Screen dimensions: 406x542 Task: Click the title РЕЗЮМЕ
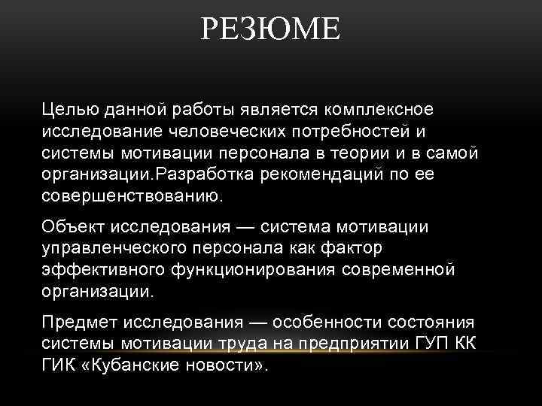[271, 32]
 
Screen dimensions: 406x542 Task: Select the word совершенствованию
[131, 196]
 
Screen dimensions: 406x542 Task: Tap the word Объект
[74, 226]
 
